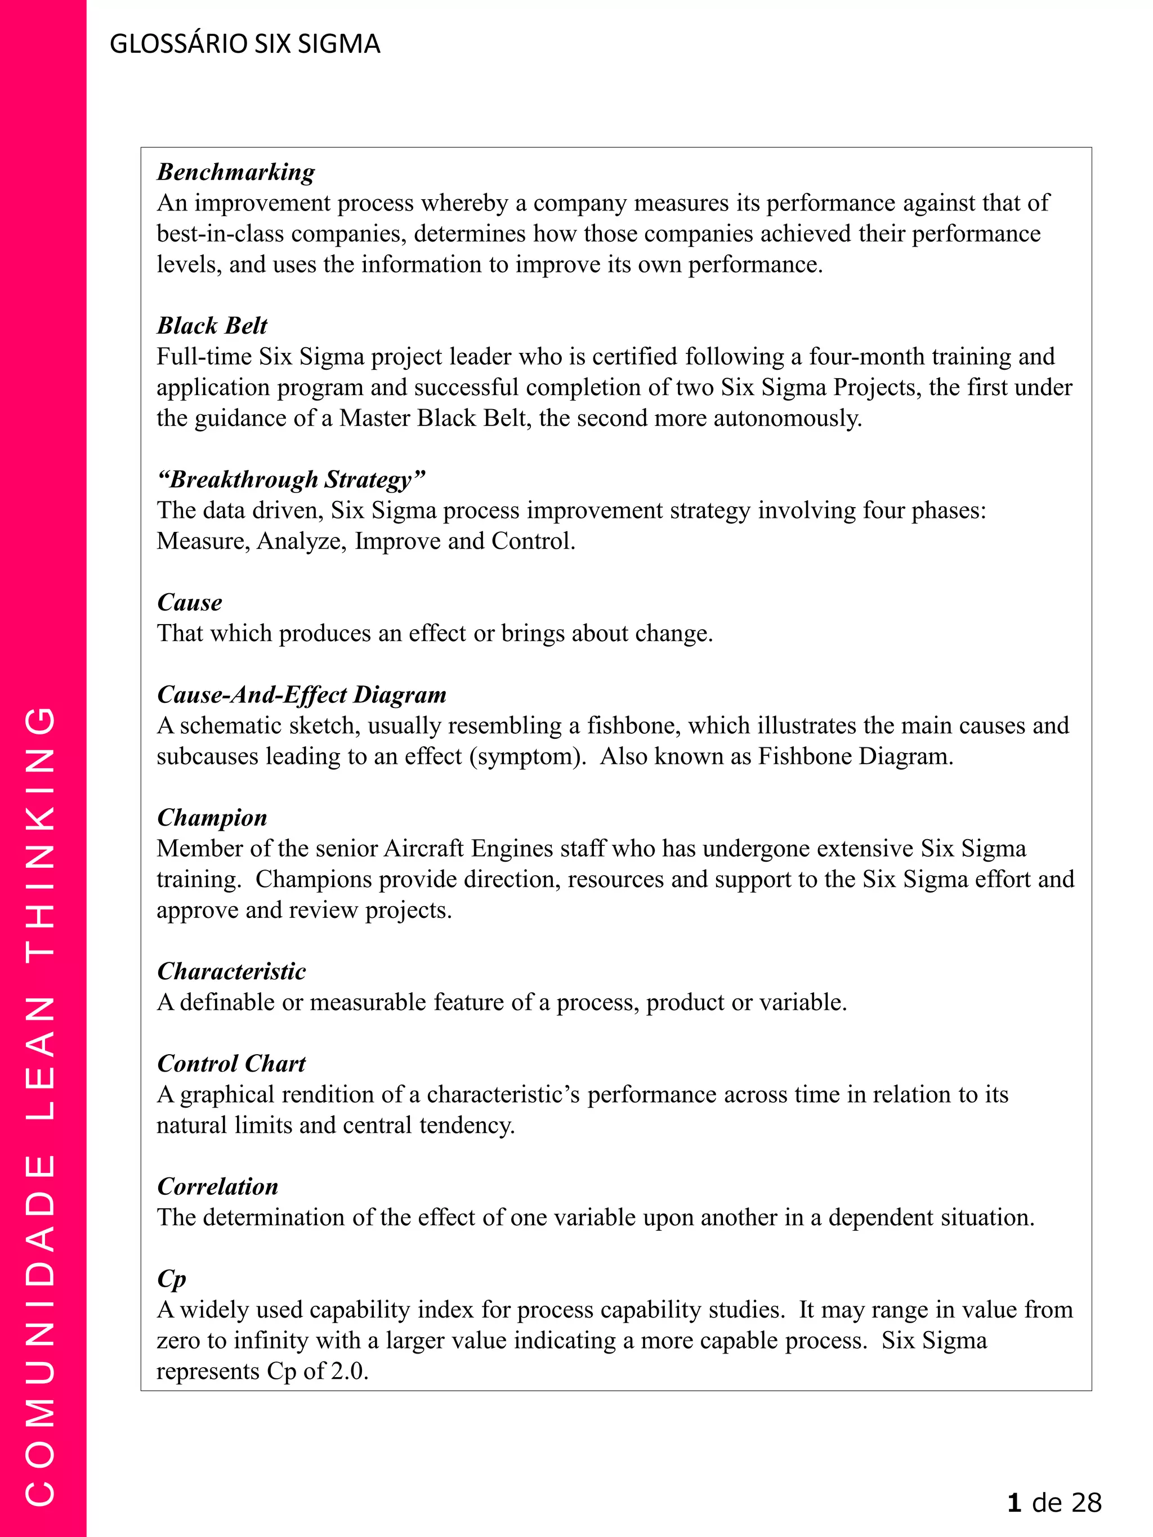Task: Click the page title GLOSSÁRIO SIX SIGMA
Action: pos(245,44)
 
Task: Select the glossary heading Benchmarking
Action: pos(235,172)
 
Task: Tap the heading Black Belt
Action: pos(212,325)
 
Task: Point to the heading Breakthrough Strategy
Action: pos(291,480)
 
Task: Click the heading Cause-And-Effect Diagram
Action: pos(302,694)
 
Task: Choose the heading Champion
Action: pos(212,818)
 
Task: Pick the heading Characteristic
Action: pos(231,971)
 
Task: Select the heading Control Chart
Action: pos(231,1063)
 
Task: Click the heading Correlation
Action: pos(217,1186)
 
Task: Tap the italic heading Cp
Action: pos(171,1279)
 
